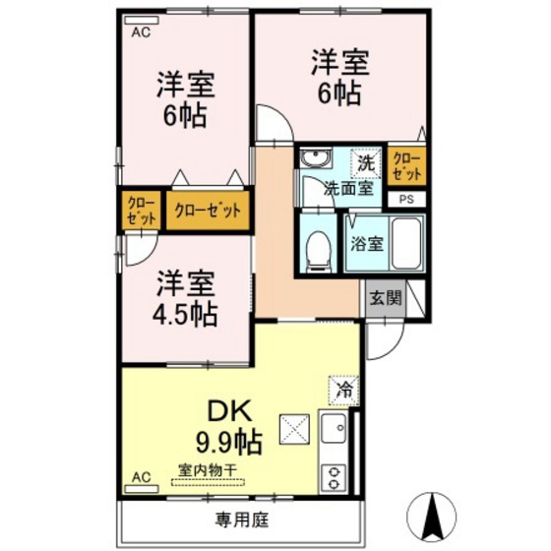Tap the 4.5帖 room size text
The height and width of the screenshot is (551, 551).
[x=184, y=314]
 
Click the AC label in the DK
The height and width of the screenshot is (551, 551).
[x=140, y=478]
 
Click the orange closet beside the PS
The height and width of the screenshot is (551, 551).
[x=405, y=165]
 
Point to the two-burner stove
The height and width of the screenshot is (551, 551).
[x=335, y=476]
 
